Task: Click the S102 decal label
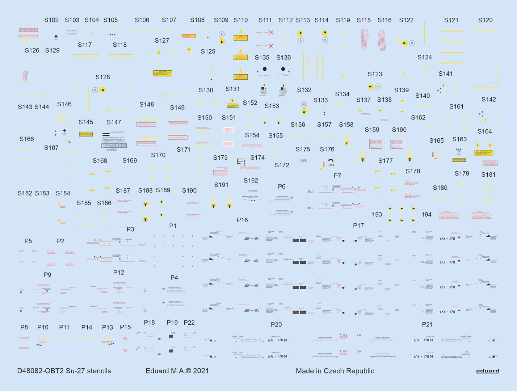(51, 20)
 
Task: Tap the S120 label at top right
(485, 20)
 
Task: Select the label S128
(102, 77)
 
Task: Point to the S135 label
(262, 58)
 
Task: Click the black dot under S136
(283, 69)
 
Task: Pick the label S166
(26, 139)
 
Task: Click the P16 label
(242, 220)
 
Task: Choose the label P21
(427, 324)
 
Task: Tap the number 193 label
(377, 215)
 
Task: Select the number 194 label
(426, 215)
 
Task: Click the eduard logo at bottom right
(488, 371)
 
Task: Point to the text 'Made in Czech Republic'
(335, 371)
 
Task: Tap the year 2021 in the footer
(201, 371)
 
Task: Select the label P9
(47, 275)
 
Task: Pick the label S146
(64, 104)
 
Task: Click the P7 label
(337, 176)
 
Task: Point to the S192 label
(251, 181)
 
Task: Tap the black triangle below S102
(56, 36)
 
